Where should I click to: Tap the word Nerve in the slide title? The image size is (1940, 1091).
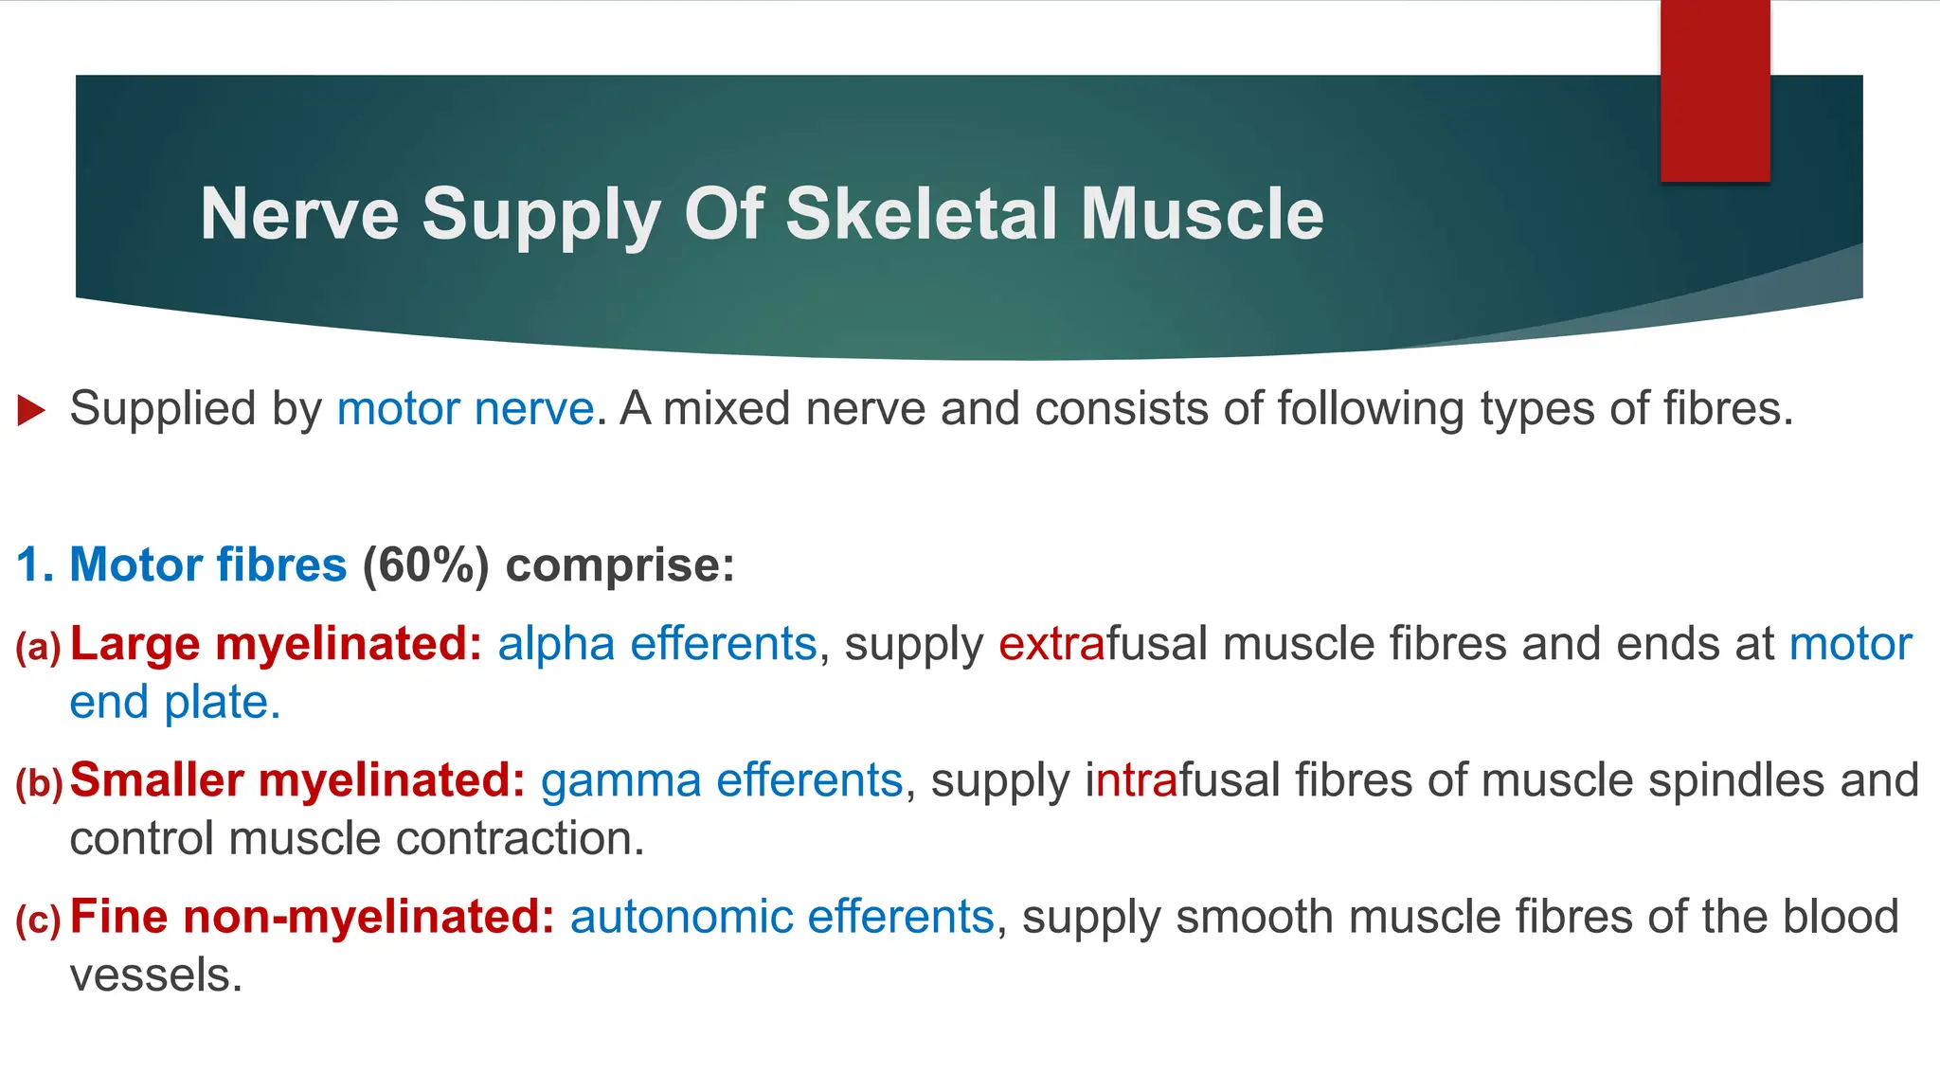click(299, 214)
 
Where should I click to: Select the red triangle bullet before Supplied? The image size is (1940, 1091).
click(31, 410)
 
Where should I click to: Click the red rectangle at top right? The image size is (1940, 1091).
click(1715, 90)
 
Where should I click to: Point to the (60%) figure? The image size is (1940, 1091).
click(425, 565)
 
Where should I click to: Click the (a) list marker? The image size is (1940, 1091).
click(38, 647)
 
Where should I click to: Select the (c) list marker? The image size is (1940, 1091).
click(38, 920)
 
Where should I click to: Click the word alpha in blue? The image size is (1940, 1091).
click(556, 645)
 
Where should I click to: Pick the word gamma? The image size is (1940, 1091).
click(620, 781)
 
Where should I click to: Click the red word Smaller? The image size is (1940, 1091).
click(157, 781)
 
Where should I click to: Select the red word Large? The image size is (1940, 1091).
click(135, 645)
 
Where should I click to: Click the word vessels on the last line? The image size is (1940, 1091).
click(156, 975)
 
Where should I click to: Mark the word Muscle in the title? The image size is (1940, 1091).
click(1202, 214)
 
